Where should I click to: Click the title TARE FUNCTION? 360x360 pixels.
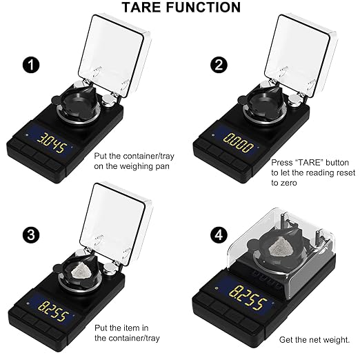click(x=181, y=8)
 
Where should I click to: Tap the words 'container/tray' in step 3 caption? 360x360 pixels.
click(x=130, y=338)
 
